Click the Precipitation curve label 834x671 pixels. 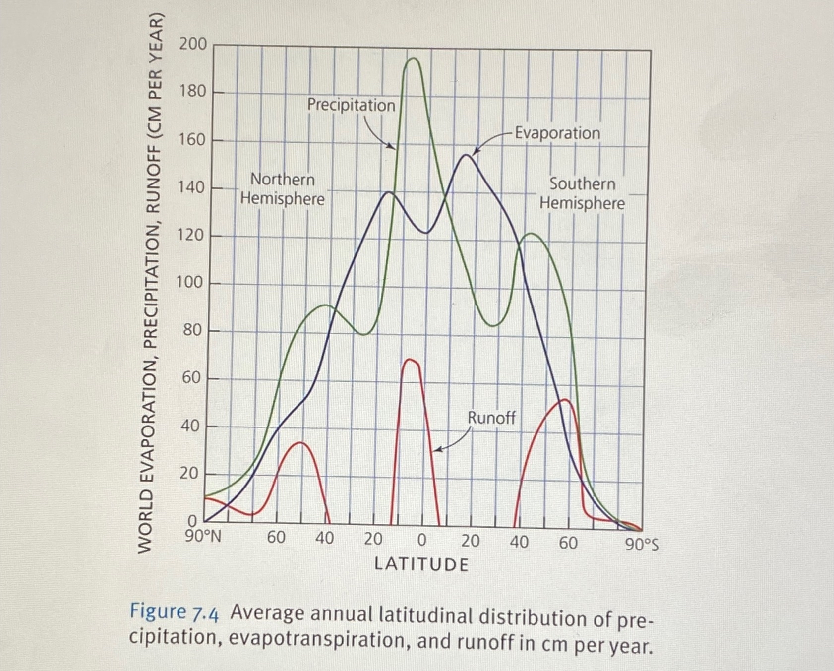tap(351, 105)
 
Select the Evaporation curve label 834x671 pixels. tap(557, 133)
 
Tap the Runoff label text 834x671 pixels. tap(491, 418)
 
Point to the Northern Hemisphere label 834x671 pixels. tap(282, 189)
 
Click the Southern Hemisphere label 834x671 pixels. tap(582, 193)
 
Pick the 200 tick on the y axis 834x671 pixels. tap(193, 44)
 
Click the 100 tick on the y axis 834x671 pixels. tap(190, 282)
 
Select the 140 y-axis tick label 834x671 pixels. tap(191, 187)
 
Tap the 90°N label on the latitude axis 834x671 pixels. tap(202, 537)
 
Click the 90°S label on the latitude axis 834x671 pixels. tap(642, 545)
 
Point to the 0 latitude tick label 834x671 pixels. tap(421, 540)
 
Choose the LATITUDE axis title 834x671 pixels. tap(421, 564)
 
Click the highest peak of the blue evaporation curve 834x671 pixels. tap(466, 155)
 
